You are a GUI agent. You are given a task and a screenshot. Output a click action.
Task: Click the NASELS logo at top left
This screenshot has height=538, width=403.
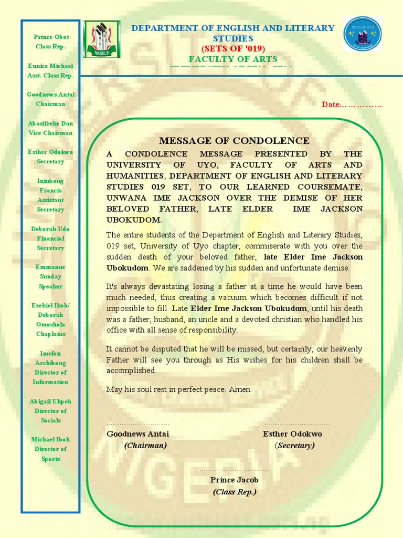(x=102, y=39)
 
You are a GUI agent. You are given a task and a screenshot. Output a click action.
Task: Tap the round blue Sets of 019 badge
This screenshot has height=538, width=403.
(x=363, y=34)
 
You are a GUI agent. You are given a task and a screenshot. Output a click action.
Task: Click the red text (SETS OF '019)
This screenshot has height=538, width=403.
(x=234, y=49)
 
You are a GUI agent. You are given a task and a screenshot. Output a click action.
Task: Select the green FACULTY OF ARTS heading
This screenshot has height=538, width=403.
(x=233, y=59)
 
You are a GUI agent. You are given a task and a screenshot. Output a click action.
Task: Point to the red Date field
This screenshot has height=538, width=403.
(x=352, y=105)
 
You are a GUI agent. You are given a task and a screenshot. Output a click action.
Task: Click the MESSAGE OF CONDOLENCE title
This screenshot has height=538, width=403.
(x=234, y=141)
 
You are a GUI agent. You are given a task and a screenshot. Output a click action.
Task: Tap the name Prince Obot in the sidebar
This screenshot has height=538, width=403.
(x=51, y=37)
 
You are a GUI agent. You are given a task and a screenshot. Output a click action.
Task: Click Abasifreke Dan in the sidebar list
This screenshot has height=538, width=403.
(x=50, y=123)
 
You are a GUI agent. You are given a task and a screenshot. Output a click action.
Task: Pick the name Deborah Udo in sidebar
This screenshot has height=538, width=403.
(x=50, y=229)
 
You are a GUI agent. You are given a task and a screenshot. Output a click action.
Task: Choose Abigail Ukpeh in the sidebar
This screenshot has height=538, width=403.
(x=50, y=401)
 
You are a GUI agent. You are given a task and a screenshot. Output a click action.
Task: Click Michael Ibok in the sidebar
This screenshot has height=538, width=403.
(x=50, y=439)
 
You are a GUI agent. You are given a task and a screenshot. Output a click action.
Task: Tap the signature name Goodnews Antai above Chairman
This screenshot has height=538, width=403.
(x=137, y=434)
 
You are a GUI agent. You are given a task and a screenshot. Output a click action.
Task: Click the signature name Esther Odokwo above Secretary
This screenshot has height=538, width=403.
(x=292, y=434)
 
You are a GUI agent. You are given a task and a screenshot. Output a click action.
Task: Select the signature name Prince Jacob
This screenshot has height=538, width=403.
(x=234, y=480)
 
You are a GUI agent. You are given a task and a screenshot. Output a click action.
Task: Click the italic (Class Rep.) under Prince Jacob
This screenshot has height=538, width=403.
(x=234, y=492)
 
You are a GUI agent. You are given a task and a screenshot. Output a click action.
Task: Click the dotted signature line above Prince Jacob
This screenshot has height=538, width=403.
(x=234, y=470)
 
